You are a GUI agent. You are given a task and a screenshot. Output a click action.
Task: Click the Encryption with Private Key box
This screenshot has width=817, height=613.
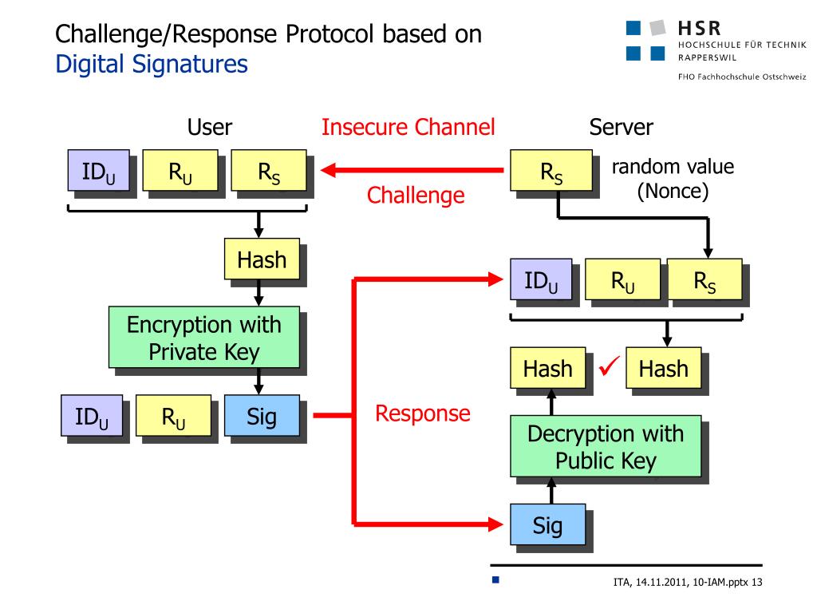click(x=204, y=338)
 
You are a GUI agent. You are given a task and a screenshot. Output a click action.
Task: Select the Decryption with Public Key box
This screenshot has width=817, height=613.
click(x=606, y=446)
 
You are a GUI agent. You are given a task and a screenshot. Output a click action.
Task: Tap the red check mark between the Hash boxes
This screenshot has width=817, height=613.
click(x=609, y=366)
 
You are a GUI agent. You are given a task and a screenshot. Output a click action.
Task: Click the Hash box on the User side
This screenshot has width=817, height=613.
click(x=262, y=259)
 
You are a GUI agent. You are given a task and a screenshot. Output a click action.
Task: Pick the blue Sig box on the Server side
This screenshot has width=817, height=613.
click(x=547, y=524)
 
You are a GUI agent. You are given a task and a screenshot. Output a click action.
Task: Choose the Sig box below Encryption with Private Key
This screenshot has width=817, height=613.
click(x=262, y=415)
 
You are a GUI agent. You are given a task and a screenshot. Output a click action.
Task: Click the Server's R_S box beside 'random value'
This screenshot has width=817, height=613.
click(x=551, y=171)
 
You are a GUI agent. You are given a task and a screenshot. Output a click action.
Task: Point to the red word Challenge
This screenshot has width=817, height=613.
click(x=416, y=195)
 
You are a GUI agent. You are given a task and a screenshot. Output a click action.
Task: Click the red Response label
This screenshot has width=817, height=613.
click(x=423, y=413)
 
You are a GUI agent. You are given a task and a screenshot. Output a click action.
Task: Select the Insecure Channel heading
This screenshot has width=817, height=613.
click(x=408, y=127)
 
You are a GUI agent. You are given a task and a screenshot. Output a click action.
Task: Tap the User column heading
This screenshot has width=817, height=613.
click(x=210, y=127)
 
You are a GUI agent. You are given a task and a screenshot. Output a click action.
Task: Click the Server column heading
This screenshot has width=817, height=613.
click(x=621, y=127)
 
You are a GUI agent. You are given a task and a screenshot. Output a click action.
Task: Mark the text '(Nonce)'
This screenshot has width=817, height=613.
click(x=673, y=192)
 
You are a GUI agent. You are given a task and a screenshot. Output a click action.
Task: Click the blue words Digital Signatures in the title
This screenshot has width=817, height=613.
click(x=152, y=65)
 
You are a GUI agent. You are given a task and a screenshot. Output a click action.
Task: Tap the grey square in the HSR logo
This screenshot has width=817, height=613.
click(x=657, y=28)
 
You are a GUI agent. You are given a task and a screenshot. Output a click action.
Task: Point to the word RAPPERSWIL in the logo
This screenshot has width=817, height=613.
click(x=707, y=57)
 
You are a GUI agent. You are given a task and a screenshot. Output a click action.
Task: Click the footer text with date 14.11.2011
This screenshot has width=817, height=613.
click(x=688, y=582)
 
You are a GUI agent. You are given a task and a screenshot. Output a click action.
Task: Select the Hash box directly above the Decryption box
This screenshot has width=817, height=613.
click(x=547, y=368)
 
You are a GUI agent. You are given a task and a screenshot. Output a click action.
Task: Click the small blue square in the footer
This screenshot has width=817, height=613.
click(x=495, y=579)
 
